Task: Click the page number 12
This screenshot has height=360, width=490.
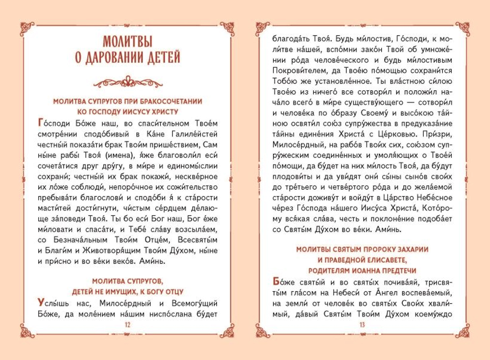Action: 127,325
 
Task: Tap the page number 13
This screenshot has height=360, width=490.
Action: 363,325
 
